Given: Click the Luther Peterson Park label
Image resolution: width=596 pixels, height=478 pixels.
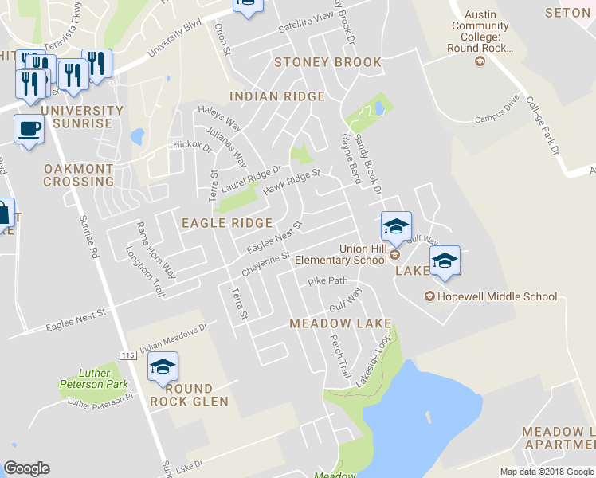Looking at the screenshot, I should coord(94,378).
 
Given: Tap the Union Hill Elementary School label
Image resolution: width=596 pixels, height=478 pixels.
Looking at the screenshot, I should coord(341,254).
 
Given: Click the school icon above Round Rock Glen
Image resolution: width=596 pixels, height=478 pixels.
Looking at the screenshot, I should coord(163,367).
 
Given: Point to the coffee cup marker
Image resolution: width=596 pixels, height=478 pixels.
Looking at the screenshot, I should coord(29,129).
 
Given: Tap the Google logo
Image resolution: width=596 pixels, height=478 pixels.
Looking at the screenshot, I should coord(26,468).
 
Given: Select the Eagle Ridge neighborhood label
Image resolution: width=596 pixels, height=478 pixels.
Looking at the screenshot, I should coord(227,224).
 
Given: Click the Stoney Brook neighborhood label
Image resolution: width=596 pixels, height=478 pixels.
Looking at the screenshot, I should coord(327,62).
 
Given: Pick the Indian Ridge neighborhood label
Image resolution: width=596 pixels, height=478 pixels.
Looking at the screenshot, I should coord(277,96).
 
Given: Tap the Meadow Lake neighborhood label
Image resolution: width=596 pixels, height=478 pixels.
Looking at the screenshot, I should coord(340,323).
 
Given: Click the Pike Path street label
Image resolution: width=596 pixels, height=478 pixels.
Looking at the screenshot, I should coord(327,281).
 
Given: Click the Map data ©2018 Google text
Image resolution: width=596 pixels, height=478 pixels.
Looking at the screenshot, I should coord(547,472).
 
